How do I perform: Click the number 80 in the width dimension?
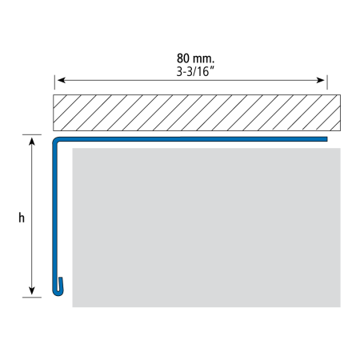pyautogui.click(x=183, y=58)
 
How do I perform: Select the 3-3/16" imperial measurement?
pyautogui.click(x=195, y=71)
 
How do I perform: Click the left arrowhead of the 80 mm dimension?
pyautogui.click(x=62, y=80)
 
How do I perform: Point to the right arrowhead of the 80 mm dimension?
pyautogui.click(x=321, y=80)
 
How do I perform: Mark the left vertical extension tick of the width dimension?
pyautogui.click(x=54, y=82)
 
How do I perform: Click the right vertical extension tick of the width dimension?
pyautogui.click(x=327, y=82)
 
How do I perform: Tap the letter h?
pyautogui.click(x=22, y=218)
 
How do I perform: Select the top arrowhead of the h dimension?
pyautogui.click(x=32, y=142)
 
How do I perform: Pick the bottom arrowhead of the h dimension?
pyautogui.click(x=32, y=290)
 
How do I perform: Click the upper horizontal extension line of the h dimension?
pyautogui.click(x=32, y=134)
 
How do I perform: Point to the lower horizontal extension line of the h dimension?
pyautogui.click(x=32, y=297)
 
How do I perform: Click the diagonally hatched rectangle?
pyautogui.click(x=197, y=113)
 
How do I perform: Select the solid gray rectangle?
pyautogui.click(x=206, y=227)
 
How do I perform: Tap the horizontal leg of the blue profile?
pyautogui.click(x=192, y=139)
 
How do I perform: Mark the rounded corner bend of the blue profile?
pyautogui.click(x=54, y=139)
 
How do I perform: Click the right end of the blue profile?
pyautogui.click(x=327, y=139)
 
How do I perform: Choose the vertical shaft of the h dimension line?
pyautogui.click(x=32, y=216)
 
